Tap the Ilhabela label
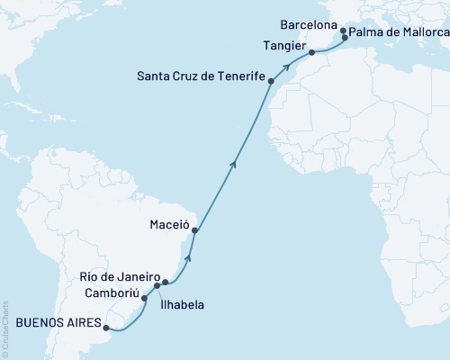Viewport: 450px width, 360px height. (182, 305)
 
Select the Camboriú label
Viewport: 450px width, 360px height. (112, 292)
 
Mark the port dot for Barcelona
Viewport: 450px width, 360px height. (343, 30)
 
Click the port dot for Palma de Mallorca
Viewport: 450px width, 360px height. (346, 38)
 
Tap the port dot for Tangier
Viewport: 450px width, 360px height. (312, 52)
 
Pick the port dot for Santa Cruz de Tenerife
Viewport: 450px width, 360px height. (271, 81)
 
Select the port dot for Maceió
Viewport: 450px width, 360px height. (195, 231)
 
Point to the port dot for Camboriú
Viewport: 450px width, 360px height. (144, 297)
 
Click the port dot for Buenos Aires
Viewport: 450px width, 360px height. (107, 327)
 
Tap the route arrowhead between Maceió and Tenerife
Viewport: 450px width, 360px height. (234, 163)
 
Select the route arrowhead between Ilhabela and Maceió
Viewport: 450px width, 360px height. (188, 256)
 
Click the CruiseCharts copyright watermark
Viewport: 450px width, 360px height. (5, 328)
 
